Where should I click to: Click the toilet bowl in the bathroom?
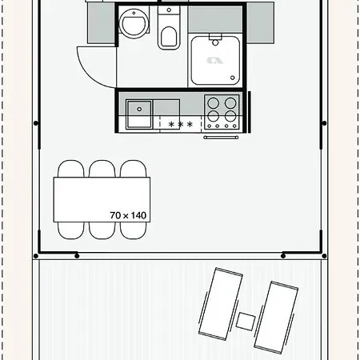click(x=169, y=38)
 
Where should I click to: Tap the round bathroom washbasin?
click(x=134, y=23)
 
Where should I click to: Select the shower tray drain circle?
click(x=233, y=78)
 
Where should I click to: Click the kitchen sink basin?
click(x=138, y=114)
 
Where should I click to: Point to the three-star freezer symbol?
click(x=181, y=124)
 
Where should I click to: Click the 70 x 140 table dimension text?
click(x=128, y=215)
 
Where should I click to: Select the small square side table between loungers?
click(x=246, y=322)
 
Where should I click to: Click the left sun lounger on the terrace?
click(x=221, y=304)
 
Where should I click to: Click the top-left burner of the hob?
click(x=214, y=103)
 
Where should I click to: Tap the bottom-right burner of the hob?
click(x=230, y=116)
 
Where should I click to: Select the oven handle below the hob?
click(x=221, y=138)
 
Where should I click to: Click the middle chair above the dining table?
click(x=102, y=169)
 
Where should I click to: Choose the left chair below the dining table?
click(x=71, y=230)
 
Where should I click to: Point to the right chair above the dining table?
click(x=134, y=169)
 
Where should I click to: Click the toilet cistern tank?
click(x=169, y=10)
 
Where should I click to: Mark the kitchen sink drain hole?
click(x=139, y=109)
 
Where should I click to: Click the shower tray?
click(x=215, y=61)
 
